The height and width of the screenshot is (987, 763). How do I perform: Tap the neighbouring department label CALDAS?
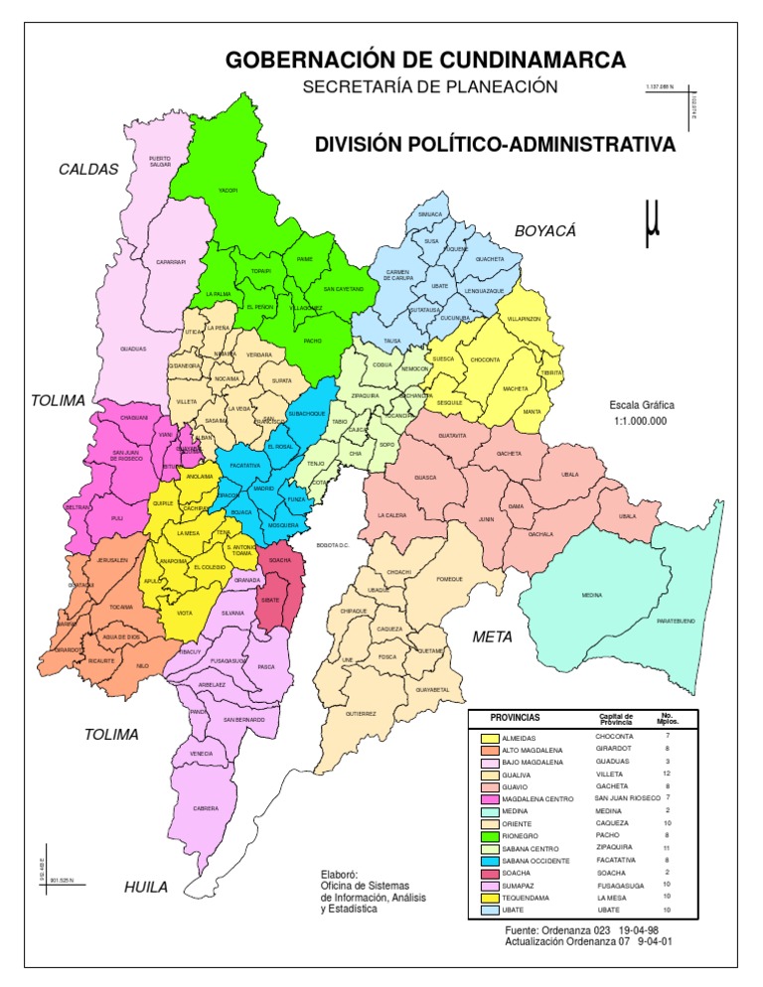[x=88, y=169]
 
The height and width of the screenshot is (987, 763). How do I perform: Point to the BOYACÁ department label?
[x=545, y=230]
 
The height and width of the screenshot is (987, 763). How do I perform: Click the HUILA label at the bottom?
[x=146, y=887]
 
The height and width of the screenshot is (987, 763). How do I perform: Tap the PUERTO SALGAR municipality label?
[x=161, y=160]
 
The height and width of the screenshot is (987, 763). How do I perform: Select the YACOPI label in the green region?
[x=229, y=190]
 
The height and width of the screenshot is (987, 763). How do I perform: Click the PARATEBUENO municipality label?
[x=675, y=621]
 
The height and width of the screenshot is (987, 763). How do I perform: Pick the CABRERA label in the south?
[x=206, y=808]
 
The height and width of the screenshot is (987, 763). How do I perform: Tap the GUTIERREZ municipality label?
[x=361, y=713]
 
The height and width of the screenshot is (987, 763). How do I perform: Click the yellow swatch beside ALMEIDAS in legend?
[x=490, y=739]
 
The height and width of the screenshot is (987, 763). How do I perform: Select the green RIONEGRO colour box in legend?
[x=490, y=838]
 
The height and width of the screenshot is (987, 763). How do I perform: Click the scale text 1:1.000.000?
[x=640, y=421]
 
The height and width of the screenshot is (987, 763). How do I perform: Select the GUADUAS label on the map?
[x=133, y=350]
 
